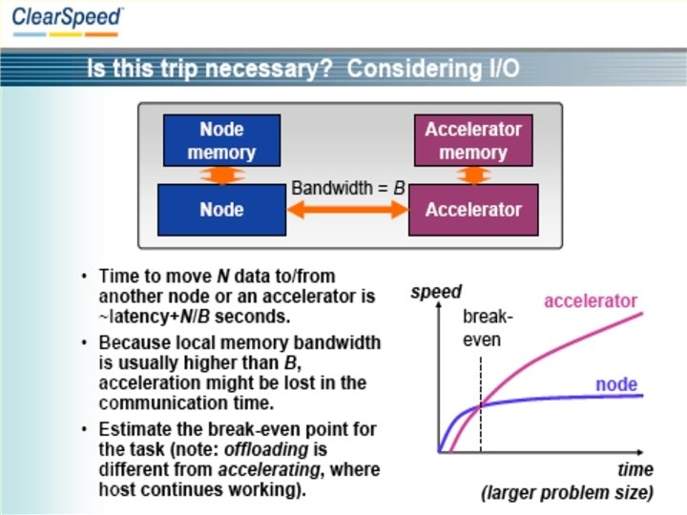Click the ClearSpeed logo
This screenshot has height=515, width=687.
(x=67, y=18)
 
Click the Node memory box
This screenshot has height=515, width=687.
(x=221, y=140)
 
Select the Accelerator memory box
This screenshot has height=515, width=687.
(x=473, y=140)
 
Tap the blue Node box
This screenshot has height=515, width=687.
(x=221, y=210)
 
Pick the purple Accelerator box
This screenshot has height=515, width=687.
(x=473, y=210)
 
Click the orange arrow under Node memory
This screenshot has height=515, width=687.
(x=221, y=175)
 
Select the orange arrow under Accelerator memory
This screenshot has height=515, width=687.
(x=473, y=175)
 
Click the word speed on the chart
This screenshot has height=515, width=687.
(x=436, y=292)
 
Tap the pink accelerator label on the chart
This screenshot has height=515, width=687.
(x=590, y=301)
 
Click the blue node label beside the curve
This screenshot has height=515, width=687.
(x=616, y=384)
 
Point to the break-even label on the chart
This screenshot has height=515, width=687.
(x=488, y=327)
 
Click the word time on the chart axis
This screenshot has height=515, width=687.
(x=635, y=469)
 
